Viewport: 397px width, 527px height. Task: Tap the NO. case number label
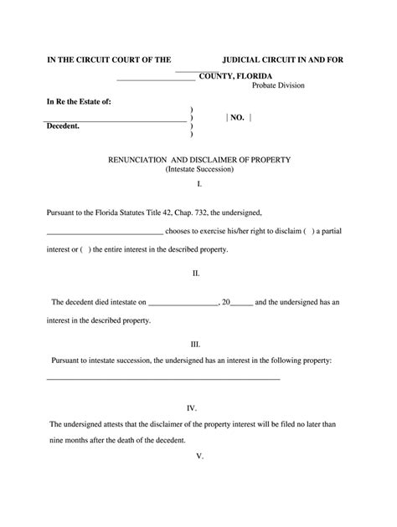tap(237, 118)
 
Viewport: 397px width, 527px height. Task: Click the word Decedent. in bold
tap(63, 125)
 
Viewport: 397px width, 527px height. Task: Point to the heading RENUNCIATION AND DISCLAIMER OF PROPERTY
tap(198, 159)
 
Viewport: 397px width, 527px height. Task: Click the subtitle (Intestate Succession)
tap(198, 169)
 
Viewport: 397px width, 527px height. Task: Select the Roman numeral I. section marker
tap(199, 183)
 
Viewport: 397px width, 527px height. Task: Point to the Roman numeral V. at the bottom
tap(199, 456)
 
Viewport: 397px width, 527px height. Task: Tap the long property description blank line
tap(162, 379)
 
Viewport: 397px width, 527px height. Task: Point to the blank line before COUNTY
tap(156, 79)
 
